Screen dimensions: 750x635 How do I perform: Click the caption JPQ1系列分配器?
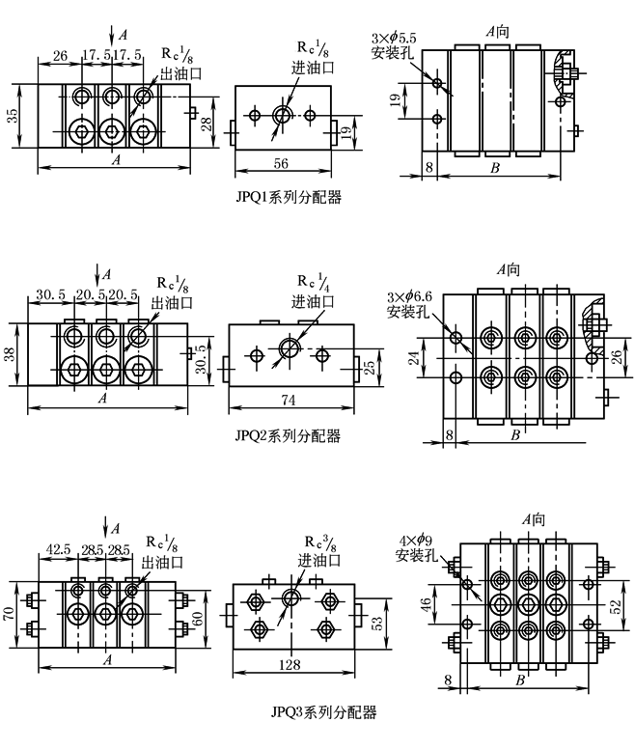pos(290,197)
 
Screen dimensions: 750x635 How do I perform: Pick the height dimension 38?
pos(11,354)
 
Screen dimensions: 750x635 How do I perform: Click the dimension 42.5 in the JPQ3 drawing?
pos(61,549)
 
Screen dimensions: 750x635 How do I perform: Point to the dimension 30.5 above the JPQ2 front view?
pos(50,294)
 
